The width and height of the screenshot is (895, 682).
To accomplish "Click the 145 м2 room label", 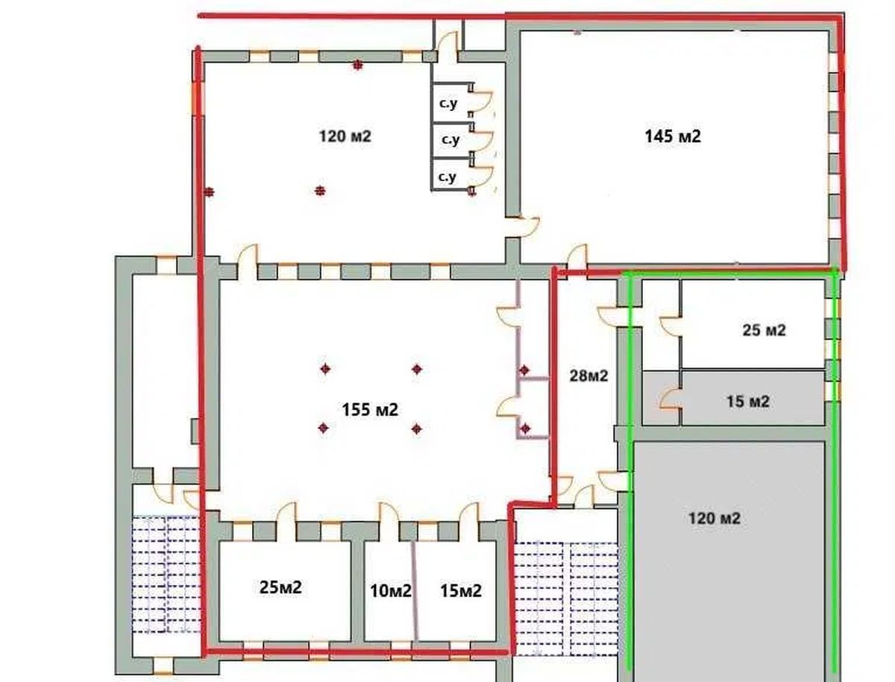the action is coord(673,136).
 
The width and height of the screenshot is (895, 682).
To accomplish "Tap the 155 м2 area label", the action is coord(370,409).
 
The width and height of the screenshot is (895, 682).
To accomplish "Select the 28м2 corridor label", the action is coord(588,376).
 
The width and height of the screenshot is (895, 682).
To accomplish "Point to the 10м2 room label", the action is coord(391,590).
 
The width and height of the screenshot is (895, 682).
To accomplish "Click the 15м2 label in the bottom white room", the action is coord(461,590).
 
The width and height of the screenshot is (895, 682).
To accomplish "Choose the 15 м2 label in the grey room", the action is coord(748,402).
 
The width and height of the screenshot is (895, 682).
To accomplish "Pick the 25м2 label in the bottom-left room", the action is coord(280,587).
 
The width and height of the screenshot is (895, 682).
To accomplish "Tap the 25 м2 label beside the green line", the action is coord(764,330).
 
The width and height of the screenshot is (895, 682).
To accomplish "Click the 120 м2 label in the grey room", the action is coord(714,518).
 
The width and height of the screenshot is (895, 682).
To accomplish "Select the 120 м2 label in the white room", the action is coord(345,136).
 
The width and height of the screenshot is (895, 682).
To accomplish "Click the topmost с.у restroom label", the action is coord(448,103).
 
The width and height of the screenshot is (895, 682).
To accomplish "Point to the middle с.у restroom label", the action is coord(450,139).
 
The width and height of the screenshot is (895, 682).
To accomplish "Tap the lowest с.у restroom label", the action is coord(447,177).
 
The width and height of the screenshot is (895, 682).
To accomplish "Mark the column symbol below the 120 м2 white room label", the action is coord(320,190).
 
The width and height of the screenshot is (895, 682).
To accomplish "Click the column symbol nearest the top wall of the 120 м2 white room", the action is coord(357,65).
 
